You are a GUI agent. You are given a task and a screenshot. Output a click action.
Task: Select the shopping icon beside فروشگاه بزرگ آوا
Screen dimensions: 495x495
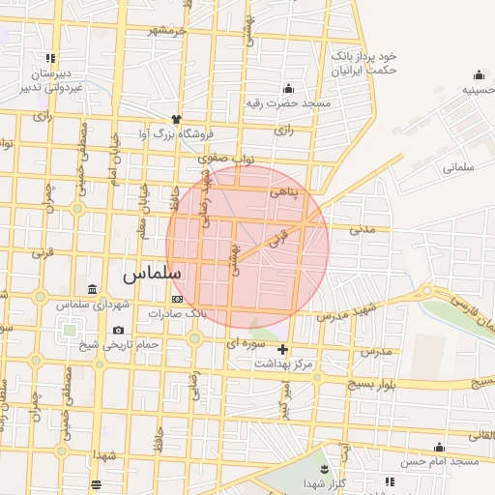click(x=176, y=119)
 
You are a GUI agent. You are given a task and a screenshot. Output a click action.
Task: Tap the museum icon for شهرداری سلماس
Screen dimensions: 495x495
click(x=92, y=290)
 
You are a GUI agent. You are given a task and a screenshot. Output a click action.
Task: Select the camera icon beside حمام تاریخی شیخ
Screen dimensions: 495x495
click(x=118, y=331)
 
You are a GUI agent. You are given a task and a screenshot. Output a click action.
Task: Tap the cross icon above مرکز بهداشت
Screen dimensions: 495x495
click(x=282, y=349)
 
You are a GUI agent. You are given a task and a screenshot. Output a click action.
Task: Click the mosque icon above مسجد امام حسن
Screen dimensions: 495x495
click(x=441, y=447)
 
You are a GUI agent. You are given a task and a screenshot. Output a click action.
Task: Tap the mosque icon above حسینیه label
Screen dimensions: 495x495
click(x=480, y=75)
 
